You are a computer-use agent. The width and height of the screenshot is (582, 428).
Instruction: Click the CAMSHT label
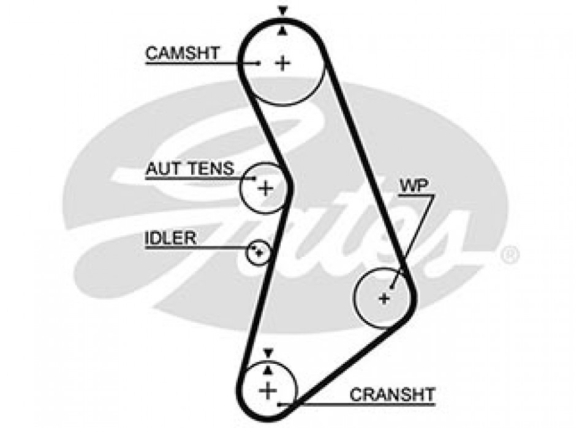coord(181,53)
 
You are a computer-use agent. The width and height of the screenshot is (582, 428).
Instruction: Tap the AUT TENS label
coord(189,168)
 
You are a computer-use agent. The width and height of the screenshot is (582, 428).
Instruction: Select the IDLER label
coord(170,238)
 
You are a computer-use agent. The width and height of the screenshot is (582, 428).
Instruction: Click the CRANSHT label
coord(392,394)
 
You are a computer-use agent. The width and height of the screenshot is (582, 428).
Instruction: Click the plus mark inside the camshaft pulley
coord(282,62)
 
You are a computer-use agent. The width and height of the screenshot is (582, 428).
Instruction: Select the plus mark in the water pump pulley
coord(384,298)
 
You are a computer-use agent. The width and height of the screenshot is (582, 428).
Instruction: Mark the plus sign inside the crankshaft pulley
coord(268,389)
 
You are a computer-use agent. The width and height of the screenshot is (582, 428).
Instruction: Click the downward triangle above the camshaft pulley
coord(282,10)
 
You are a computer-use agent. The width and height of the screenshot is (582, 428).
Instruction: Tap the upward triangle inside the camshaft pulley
coord(282,31)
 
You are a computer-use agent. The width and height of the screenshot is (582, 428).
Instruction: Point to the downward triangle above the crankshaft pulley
coord(268,351)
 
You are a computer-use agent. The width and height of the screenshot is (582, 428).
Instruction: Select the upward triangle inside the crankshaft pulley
coord(268,369)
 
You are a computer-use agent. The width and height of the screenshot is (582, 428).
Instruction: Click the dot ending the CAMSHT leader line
coord(260,62)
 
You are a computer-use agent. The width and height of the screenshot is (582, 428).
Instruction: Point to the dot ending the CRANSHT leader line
coord(280,404)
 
